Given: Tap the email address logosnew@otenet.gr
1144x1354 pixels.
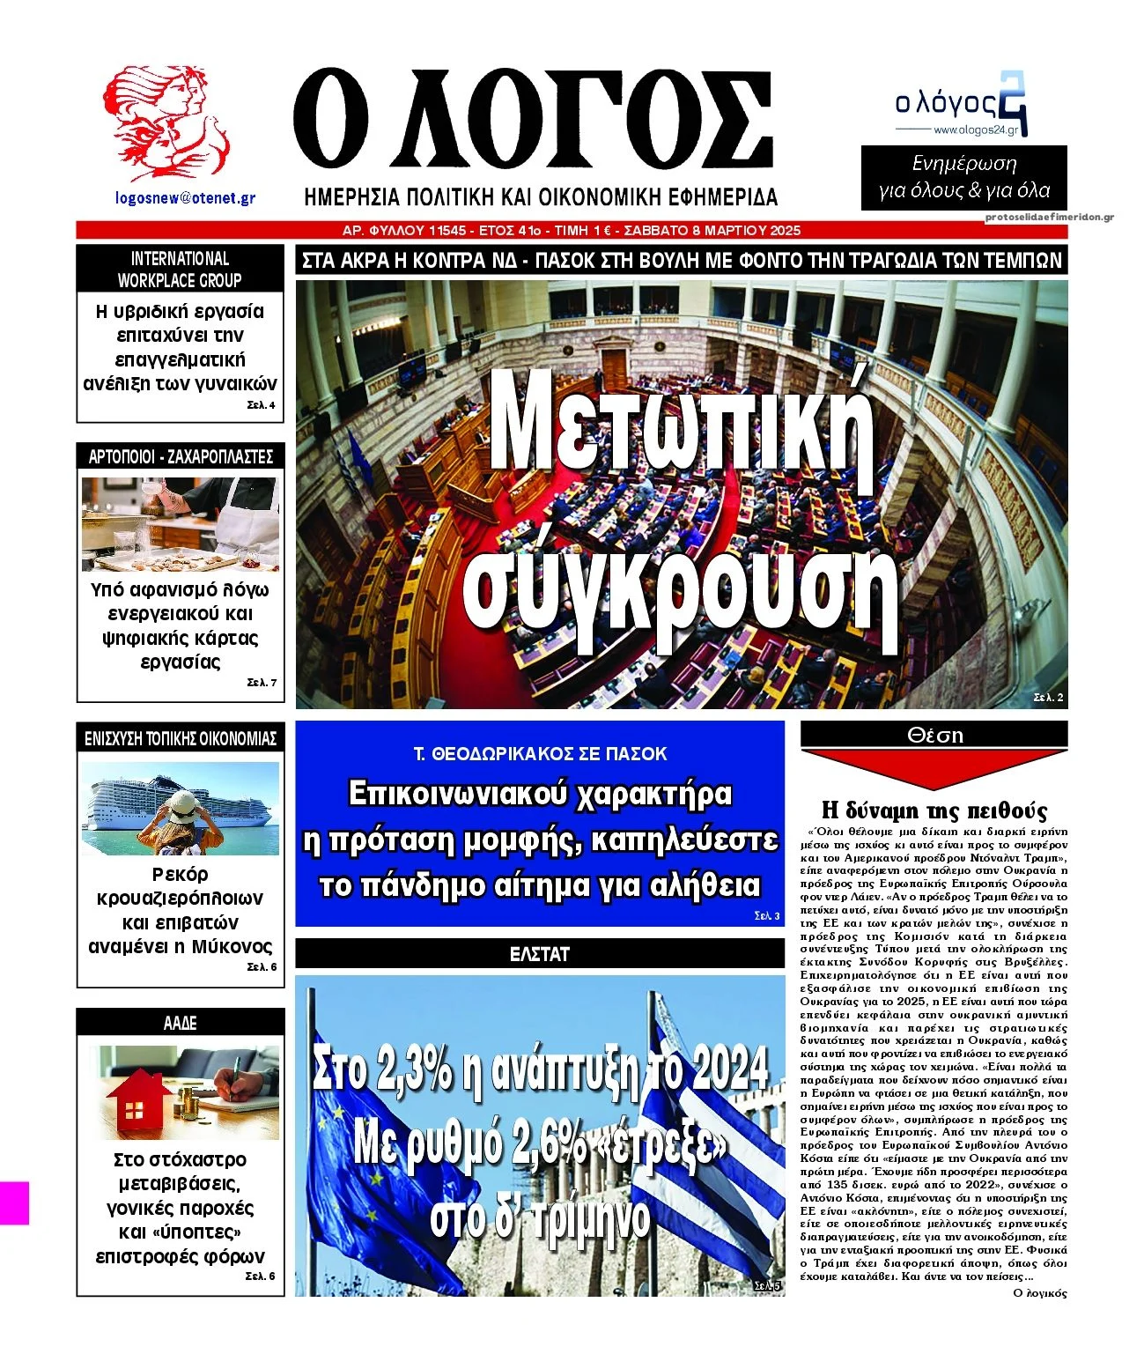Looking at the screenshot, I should click(185, 198).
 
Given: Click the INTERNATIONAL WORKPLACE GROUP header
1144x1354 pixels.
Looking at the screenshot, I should click(180, 270).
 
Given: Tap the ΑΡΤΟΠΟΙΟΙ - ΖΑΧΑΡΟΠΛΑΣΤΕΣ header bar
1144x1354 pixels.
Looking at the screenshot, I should click(181, 456).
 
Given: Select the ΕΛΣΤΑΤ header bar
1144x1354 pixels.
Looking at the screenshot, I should click(539, 954).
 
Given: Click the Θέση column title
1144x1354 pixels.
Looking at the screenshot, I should click(934, 735).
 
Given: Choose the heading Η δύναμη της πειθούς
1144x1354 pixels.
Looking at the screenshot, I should click(934, 810).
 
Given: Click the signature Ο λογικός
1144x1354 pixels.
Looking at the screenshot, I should click(1040, 1293).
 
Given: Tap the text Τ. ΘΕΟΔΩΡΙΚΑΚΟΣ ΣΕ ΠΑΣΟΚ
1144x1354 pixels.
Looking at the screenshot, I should click(540, 754).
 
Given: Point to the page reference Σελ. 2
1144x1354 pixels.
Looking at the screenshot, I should click(1049, 698).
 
